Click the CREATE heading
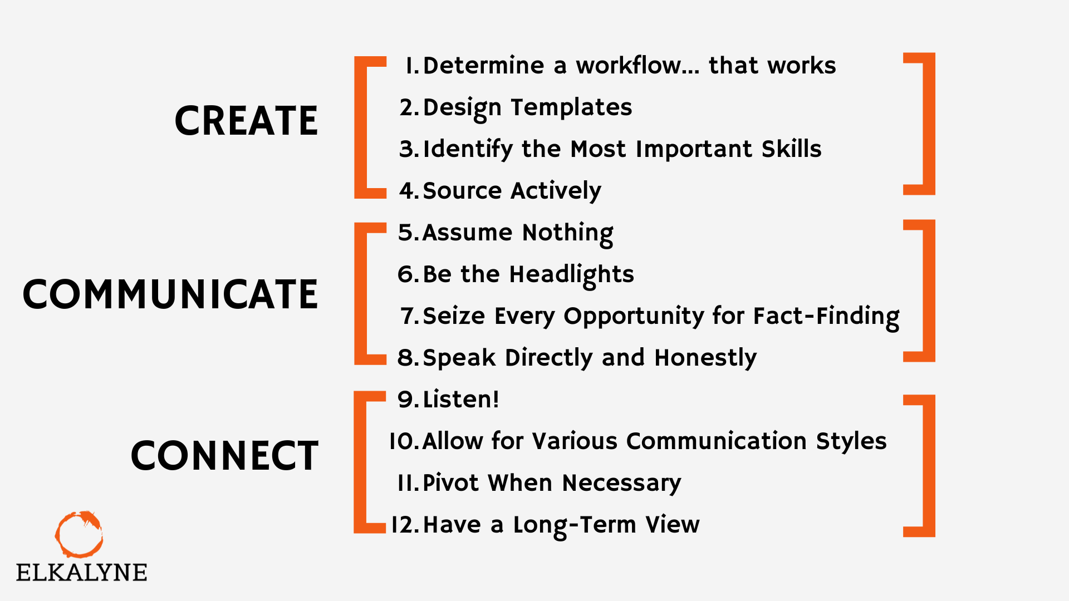click(246, 121)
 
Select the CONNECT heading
click(224, 456)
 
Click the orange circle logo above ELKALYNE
click(79, 534)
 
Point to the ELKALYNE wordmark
click(81, 573)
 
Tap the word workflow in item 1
click(638, 65)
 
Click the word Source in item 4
click(463, 190)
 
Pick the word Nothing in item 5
click(568, 233)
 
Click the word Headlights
click(572, 274)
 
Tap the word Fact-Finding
click(826, 316)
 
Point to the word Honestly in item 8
click(706, 358)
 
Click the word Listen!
click(461, 399)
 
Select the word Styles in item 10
click(851, 441)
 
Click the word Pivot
click(451, 482)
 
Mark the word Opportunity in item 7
click(634, 316)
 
